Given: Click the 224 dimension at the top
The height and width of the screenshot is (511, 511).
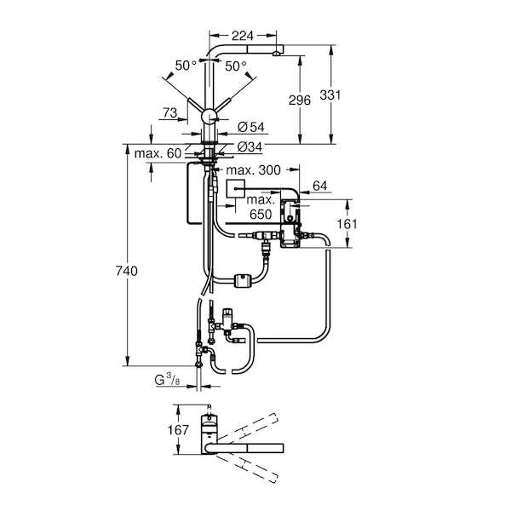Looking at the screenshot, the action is [x=243, y=36].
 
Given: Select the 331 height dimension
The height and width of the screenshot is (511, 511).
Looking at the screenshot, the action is [x=330, y=95].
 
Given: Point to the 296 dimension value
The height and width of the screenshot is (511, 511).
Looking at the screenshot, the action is [x=300, y=100].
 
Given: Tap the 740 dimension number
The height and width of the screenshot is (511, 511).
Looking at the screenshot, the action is [x=127, y=271].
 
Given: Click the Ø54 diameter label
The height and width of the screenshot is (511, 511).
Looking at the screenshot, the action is [x=251, y=127].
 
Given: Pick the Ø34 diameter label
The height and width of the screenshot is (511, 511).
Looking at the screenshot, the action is [x=250, y=147].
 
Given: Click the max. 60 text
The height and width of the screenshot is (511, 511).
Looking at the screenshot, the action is [x=158, y=153].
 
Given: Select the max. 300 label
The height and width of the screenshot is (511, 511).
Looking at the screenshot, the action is [x=253, y=169].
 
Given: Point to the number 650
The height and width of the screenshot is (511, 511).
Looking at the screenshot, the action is [x=261, y=214].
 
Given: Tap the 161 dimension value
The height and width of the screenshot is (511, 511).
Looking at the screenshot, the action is [x=347, y=224].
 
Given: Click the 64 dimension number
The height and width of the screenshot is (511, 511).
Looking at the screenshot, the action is [x=319, y=186].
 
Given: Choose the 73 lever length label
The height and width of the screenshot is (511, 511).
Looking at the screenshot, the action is [x=169, y=112].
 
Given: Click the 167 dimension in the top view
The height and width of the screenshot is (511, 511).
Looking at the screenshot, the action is [x=178, y=430].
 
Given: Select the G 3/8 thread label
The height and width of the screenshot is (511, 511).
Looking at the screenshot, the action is [x=167, y=380].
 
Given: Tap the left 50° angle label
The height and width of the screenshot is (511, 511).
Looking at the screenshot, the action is [x=186, y=66].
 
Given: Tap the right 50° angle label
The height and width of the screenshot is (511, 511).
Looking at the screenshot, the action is [x=236, y=66].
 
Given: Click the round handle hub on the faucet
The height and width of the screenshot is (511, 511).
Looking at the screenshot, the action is [x=209, y=117].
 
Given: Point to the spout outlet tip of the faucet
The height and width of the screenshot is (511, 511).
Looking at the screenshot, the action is [x=276, y=54].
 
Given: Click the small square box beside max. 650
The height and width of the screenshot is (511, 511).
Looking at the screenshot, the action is [x=235, y=189].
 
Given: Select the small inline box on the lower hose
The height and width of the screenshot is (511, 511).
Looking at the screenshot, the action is [x=243, y=280].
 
